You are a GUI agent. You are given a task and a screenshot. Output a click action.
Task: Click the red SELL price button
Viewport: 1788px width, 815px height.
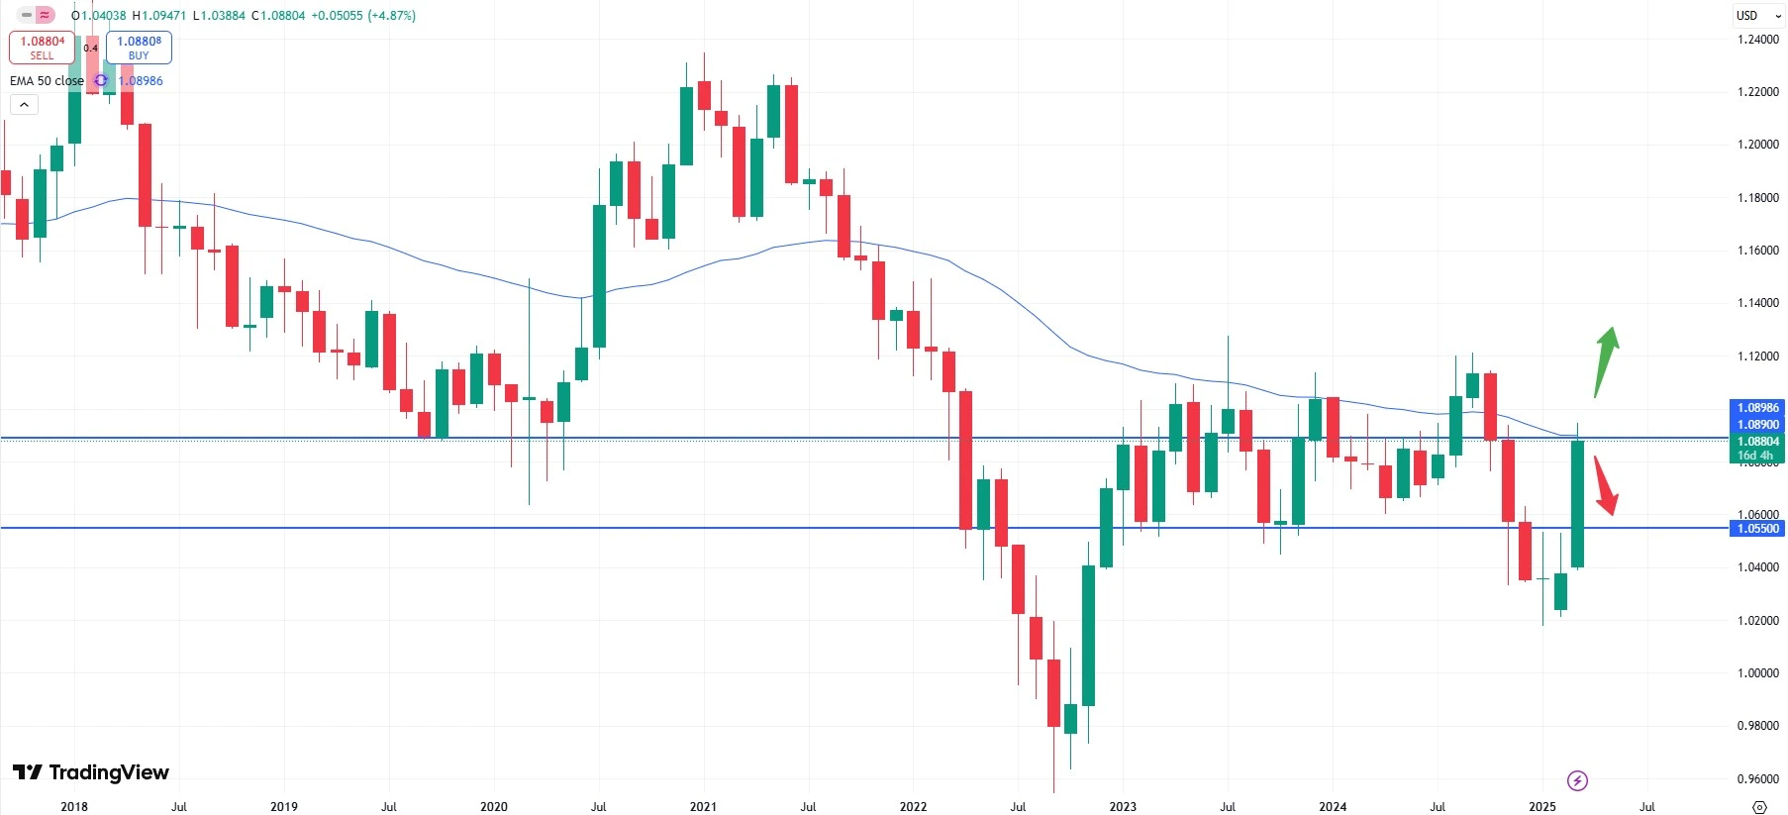42,48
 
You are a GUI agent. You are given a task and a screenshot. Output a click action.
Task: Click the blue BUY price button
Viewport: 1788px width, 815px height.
139,48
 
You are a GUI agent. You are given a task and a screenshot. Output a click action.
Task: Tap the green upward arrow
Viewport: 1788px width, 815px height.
1606,361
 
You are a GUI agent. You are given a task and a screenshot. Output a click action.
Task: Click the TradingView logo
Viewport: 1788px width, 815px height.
91,772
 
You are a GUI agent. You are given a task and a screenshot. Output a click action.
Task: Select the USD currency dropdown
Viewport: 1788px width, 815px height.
1757,16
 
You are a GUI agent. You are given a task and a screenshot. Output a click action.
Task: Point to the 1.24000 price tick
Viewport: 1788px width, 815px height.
1758,40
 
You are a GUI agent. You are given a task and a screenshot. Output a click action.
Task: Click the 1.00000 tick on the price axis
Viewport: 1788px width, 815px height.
1758,673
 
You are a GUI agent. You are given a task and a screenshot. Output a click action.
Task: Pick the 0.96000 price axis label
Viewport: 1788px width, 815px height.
1758,779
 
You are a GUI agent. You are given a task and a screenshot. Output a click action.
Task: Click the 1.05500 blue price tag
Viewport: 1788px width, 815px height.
1758,529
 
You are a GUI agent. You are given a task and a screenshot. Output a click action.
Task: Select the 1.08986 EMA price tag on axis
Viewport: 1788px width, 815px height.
1758,408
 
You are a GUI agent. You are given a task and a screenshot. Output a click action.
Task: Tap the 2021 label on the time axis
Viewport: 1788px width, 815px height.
703,807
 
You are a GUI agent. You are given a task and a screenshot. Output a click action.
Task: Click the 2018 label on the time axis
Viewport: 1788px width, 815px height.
74,807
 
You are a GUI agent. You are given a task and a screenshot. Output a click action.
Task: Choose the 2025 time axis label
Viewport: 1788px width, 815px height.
1542,807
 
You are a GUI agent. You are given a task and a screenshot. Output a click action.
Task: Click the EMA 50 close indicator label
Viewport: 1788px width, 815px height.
47,81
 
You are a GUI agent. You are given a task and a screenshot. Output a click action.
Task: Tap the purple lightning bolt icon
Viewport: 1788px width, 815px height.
1578,781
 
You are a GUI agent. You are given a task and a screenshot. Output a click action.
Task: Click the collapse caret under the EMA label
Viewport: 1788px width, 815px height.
24,105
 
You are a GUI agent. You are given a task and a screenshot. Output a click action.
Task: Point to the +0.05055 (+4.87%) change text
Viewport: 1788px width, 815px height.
362,16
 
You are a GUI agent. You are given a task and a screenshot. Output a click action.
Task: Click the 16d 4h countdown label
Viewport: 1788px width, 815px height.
1755,457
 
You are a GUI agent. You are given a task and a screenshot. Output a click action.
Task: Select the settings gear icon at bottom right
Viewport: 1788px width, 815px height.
1759,807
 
